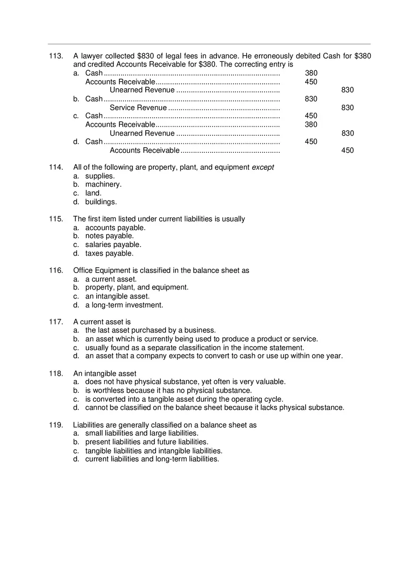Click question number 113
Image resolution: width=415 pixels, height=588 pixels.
(x=56, y=56)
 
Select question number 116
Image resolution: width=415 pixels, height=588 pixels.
(x=56, y=271)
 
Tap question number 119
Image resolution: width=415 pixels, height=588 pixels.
(x=56, y=425)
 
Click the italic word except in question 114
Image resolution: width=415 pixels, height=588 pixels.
(x=263, y=167)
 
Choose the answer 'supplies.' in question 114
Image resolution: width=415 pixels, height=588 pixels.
(x=100, y=176)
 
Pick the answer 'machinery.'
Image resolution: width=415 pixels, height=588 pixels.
(x=103, y=185)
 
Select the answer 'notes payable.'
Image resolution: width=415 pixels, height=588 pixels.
(x=109, y=236)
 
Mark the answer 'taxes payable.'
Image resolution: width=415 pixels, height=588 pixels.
(x=109, y=254)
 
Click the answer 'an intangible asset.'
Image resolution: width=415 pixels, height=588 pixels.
(x=117, y=297)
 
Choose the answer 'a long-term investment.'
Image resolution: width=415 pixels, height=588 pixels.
(x=124, y=305)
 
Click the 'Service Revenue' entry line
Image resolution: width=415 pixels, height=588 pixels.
(x=138, y=108)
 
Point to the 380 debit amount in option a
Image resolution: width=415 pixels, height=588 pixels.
(x=311, y=73)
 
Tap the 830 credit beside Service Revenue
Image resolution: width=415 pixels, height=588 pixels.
(x=348, y=108)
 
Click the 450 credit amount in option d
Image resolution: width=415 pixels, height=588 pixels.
(x=348, y=151)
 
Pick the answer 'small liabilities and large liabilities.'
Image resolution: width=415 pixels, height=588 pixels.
(x=141, y=433)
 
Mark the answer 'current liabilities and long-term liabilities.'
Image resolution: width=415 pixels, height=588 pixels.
(x=152, y=459)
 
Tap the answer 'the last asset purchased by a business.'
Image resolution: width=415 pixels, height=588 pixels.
(x=150, y=331)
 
